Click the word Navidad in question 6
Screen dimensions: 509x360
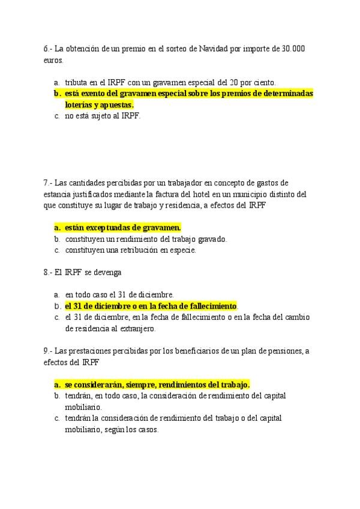click(x=226, y=49)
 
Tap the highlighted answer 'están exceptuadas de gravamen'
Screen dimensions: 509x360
click(x=122, y=227)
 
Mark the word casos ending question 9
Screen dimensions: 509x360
click(x=148, y=429)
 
